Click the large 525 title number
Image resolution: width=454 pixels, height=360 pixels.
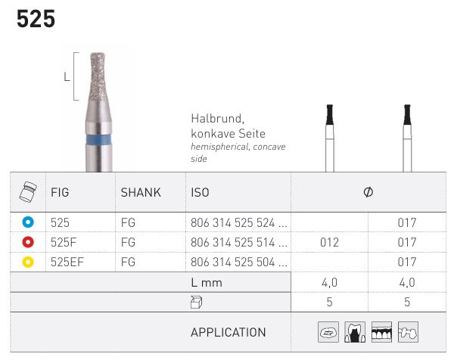36,19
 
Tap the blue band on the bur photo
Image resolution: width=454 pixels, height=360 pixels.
99,140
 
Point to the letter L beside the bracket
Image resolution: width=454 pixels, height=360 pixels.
67,77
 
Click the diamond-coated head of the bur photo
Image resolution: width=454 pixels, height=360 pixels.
98,76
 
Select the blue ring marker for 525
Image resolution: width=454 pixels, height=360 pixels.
28,222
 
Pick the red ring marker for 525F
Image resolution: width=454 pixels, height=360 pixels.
28,242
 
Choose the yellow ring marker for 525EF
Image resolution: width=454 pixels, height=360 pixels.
28,262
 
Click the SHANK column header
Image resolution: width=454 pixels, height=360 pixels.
141,192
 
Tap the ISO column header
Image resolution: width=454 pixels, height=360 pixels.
200,192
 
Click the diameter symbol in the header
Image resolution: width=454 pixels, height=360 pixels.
368,192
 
